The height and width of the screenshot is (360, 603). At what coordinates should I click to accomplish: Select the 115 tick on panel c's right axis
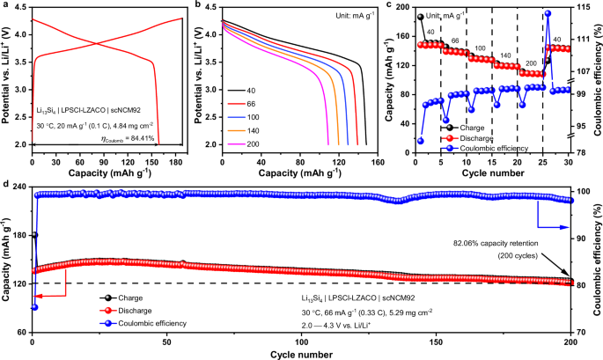[585, 7]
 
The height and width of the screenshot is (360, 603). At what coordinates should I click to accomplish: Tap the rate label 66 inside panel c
[455, 41]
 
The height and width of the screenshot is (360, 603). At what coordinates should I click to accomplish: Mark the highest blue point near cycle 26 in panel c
[548, 13]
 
